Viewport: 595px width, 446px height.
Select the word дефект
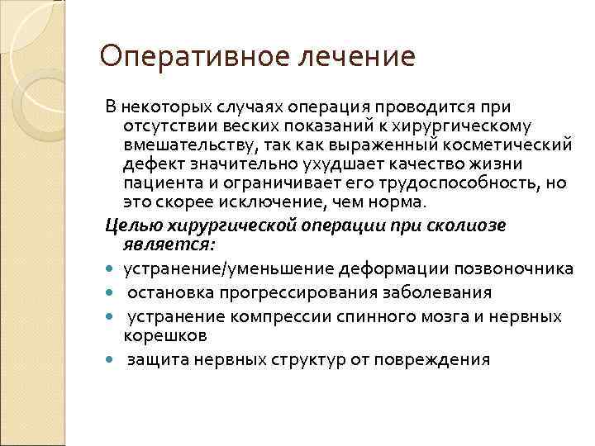click(x=147, y=163)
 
